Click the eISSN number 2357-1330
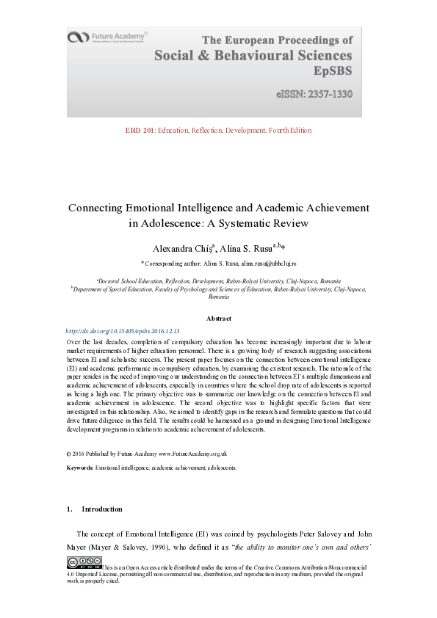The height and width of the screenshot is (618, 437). [x=314, y=95]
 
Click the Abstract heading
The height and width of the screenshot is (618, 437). [x=218, y=319]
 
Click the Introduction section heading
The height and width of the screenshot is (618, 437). [x=101, y=509]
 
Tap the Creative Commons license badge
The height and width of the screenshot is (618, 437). [x=84, y=562]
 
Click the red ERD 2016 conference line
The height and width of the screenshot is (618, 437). [x=219, y=131]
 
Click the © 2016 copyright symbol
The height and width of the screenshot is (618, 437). [x=68, y=454]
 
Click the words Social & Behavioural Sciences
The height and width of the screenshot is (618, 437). [x=253, y=56]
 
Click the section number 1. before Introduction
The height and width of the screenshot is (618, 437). [x=69, y=509]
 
